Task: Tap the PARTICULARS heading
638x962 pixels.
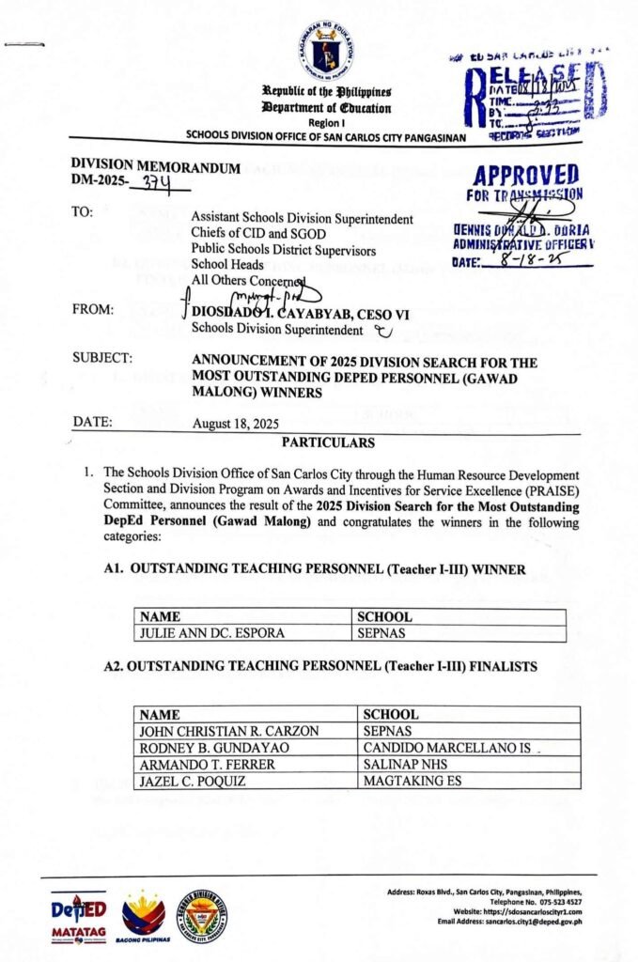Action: [326, 442]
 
